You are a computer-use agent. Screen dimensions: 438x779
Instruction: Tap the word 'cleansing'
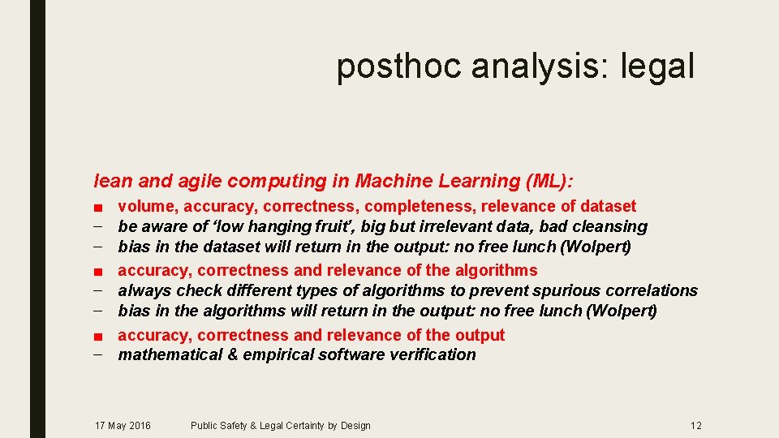(609, 226)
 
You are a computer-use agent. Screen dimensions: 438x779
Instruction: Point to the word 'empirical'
(262, 354)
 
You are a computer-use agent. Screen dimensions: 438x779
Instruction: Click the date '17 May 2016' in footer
(123, 426)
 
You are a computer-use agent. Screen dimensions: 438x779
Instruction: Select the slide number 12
(696, 426)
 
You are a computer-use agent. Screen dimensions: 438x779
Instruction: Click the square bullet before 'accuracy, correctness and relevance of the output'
(98, 336)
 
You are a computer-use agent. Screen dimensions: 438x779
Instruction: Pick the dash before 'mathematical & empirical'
(98, 354)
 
